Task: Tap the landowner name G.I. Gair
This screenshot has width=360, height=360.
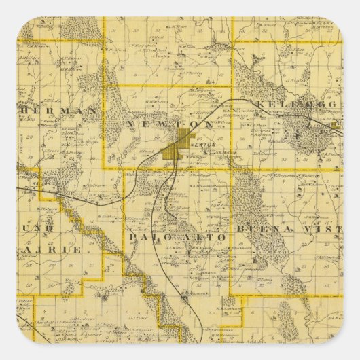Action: [x=139, y=317]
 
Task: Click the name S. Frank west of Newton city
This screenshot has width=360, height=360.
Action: [x=148, y=151]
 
